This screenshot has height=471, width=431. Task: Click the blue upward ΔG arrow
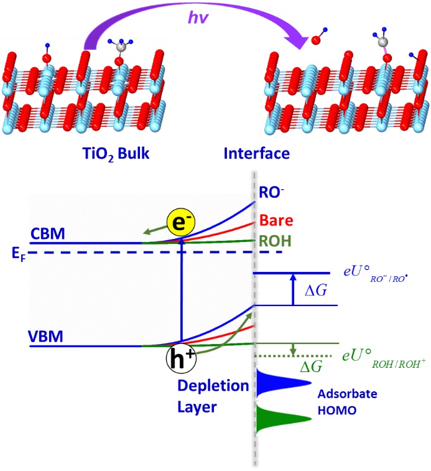pos(293,289)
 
